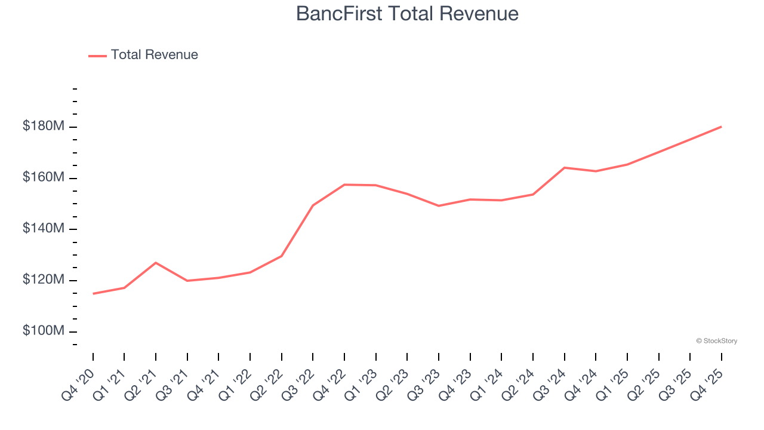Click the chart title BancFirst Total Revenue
click(x=408, y=14)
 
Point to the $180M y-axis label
click(x=44, y=127)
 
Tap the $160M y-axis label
click(x=44, y=178)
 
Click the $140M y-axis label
click(x=44, y=229)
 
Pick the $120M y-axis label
click(x=44, y=280)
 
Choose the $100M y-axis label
click(x=44, y=331)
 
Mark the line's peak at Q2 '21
click(x=156, y=263)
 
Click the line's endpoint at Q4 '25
click(x=721, y=127)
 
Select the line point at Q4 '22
click(x=344, y=185)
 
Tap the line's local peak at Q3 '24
click(x=564, y=168)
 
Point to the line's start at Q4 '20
click(x=93, y=293)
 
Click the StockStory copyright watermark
click(x=716, y=341)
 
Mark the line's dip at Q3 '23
click(x=439, y=205)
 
